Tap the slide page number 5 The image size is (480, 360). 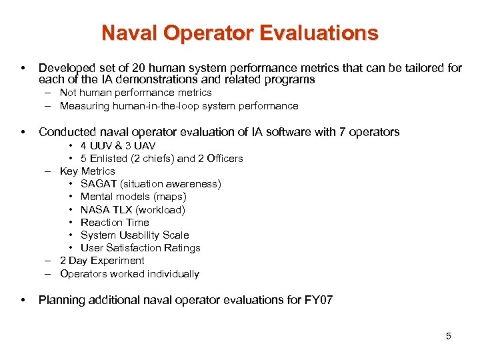[x=449, y=336]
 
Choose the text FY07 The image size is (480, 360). [x=318, y=300]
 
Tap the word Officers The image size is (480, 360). [x=224, y=159]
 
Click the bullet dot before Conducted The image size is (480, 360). [x=23, y=132]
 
